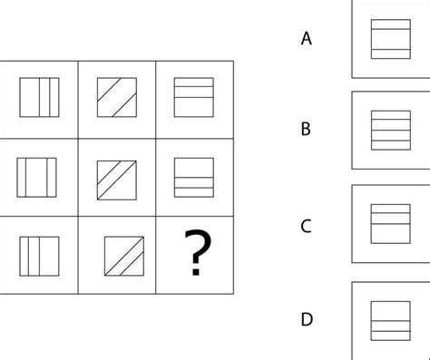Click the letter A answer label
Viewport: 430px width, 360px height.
pyautogui.click(x=307, y=38)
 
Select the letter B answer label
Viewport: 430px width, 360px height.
pyautogui.click(x=307, y=129)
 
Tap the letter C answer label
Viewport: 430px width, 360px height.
pyautogui.click(x=307, y=226)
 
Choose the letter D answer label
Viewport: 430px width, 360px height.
pyautogui.click(x=307, y=319)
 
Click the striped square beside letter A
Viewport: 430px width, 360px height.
pyautogui.click(x=390, y=38)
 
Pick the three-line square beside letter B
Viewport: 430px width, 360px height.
pyautogui.click(x=390, y=129)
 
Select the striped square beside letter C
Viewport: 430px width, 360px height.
pyautogui.click(x=390, y=222)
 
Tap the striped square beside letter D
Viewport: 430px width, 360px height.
pyautogui.click(x=390, y=320)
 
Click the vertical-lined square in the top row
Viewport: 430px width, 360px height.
pyautogui.click(x=39, y=98)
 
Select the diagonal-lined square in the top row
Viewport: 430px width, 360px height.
pyautogui.click(x=117, y=98)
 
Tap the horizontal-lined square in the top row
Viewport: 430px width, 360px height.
pyautogui.click(x=194, y=98)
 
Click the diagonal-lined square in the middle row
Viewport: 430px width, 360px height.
pyautogui.click(x=117, y=177)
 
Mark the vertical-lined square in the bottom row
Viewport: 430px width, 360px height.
pyautogui.click(x=39, y=254)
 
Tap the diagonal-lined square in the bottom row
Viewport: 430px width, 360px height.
pyautogui.click(x=117, y=255)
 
